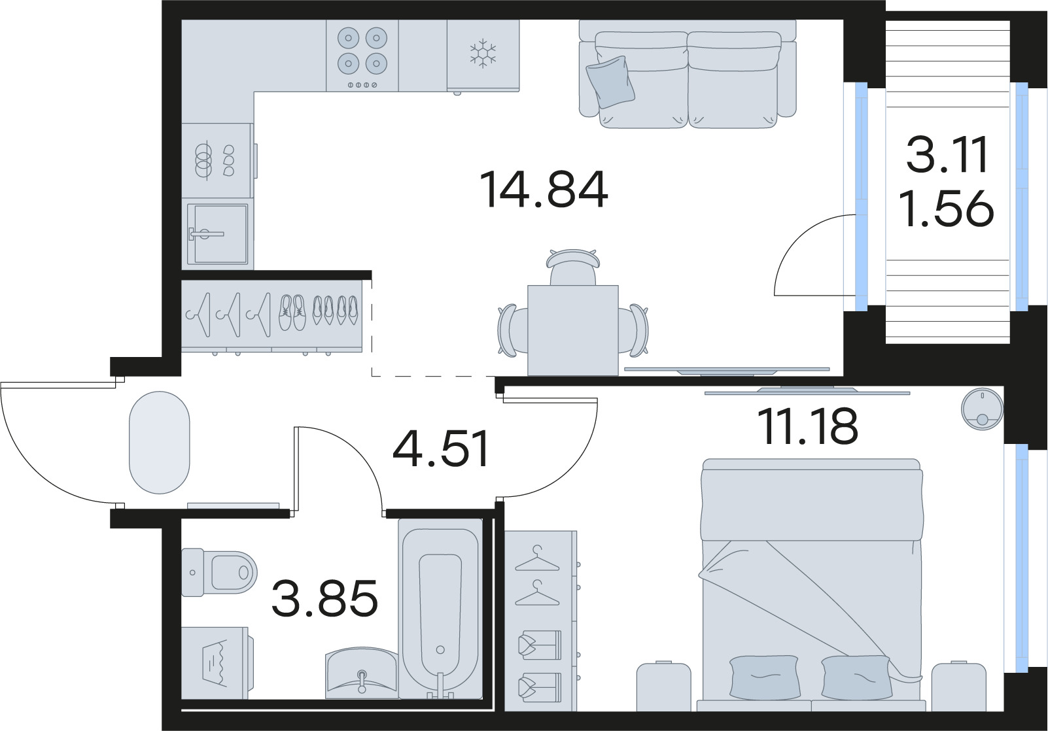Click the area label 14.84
pyautogui.click(x=544, y=190)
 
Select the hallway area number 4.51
pyautogui.click(x=442, y=450)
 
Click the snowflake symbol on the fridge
pyautogui.click(x=483, y=54)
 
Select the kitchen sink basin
pyautogui.click(x=217, y=233)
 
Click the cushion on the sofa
pyautogui.click(x=611, y=81)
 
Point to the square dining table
pyautogui.click(x=572, y=330)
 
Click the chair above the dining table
pyautogui.click(x=572, y=266)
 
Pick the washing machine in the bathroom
pyautogui.click(x=214, y=662)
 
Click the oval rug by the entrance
pyautogui.click(x=160, y=443)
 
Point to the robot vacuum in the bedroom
pyautogui.click(x=981, y=407)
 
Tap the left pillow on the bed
pyautogui.click(x=763, y=676)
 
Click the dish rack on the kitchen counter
pyautogui.click(x=215, y=160)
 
